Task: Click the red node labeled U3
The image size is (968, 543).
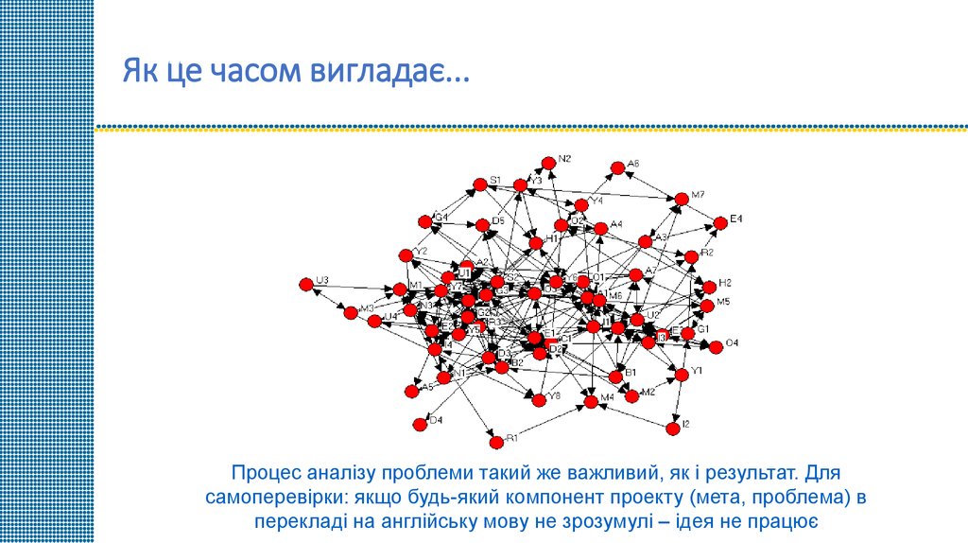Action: click(305, 284)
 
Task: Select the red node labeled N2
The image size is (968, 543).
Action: click(547, 163)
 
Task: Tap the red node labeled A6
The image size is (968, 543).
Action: click(617, 168)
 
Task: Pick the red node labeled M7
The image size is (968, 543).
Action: click(681, 199)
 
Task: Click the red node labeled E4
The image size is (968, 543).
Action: click(720, 223)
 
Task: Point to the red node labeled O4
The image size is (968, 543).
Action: click(716, 347)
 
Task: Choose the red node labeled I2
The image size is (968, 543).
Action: click(673, 428)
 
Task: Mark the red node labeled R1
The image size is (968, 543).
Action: click(496, 442)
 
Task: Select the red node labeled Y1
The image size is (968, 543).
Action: click(682, 376)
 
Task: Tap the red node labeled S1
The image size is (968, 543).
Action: click(479, 183)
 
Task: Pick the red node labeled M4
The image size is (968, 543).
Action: click(591, 402)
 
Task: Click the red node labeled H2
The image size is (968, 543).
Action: click(709, 287)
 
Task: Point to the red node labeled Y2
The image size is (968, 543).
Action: click(406, 255)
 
